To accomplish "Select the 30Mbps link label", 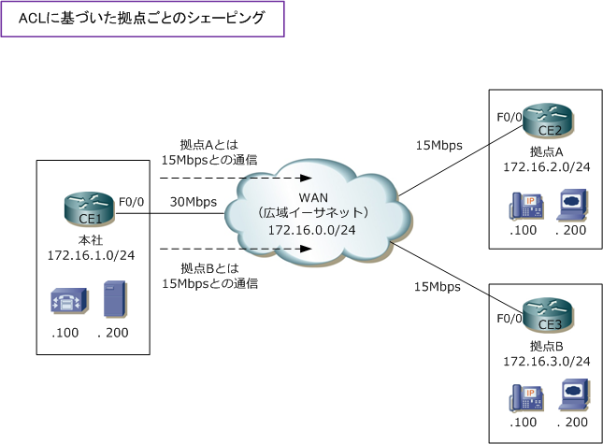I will [194, 202].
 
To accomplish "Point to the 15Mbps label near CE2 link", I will [439, 145].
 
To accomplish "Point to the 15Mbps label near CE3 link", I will [438, 286].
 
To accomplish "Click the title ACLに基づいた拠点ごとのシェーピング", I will [143, 18].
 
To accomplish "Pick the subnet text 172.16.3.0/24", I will [547, 361].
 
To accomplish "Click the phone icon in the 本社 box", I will [66, 300].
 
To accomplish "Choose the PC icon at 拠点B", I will [571, 399].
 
